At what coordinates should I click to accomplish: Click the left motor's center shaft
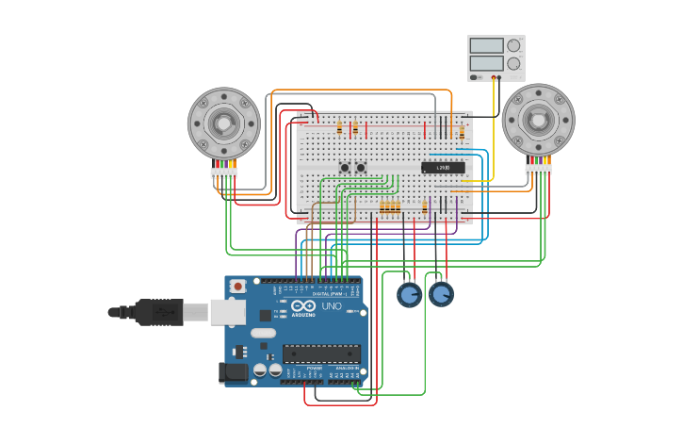click(x=223, y=123)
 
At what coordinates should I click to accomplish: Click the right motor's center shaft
click(x=538, y=120)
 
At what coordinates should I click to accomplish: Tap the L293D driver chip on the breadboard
click(x=443, y=168)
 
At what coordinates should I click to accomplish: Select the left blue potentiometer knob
click(x=409, y=295)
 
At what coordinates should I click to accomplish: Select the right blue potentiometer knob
click(x=441, y=295)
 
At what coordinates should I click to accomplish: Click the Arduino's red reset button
click(x=237, y=286)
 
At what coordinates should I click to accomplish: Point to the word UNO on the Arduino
click(x=332, y=306)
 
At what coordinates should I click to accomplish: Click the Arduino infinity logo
click(x=303, y=306)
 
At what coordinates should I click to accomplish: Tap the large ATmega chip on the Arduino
click(x=321, y=353)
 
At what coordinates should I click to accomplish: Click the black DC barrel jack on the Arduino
click(x=233, y=373)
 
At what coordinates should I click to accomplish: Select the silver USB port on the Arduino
click(x=227, y=312)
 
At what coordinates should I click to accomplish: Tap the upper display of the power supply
click(x=486, y=45)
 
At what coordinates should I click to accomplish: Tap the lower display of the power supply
click(x=486, y=64)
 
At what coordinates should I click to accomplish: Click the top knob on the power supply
click(x=513, y=45)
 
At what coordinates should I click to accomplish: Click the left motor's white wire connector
click(x=224, y=172)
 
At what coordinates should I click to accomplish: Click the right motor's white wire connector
click(x=538, y=170)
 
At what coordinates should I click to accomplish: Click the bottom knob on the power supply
click(x=513, y=64)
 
